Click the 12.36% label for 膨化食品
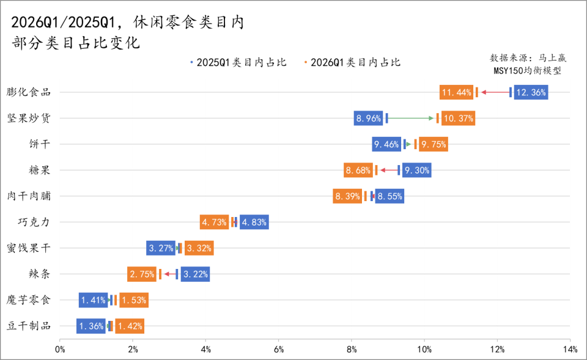click(x=531, y=92)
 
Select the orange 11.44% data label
click(x=456, y=92)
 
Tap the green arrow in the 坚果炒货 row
click(x=412, y=118)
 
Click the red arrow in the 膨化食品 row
click(x=495, y=92)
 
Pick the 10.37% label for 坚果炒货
click(x=458, y=118)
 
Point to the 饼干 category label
click(x=40, y=144)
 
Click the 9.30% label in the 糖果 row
click(x=417, y=170)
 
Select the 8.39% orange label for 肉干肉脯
click(x=347, y=196)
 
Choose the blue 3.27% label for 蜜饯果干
click(x=161, y=248)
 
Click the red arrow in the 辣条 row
click(x=169, y=274)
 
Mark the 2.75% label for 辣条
click(x=142, y=274)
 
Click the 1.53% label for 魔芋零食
click(x=134, y=300)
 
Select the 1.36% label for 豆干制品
click(x=91, y=326)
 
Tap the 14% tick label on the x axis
click(x=569, y=350)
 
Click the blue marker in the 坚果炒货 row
click(x=386, y=118)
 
